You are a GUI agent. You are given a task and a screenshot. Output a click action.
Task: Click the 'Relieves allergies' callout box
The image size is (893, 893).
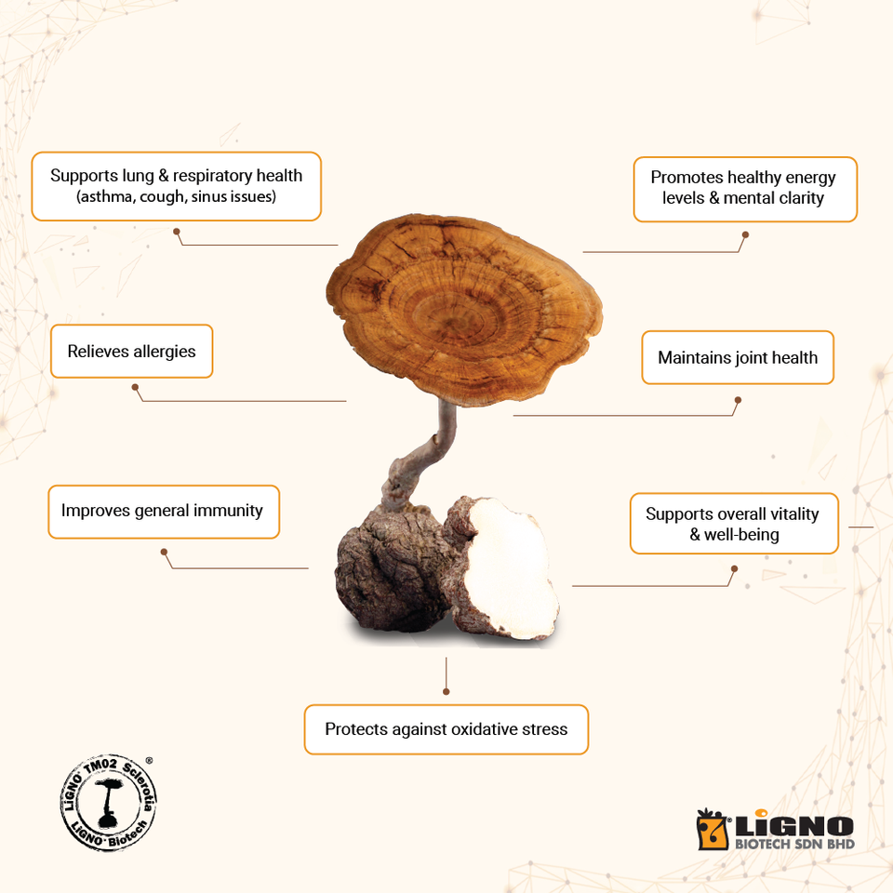pyautogui.click(x=131, y=352)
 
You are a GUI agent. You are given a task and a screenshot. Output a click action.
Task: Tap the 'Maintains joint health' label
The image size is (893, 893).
pyautogui.click(x=738, y=357)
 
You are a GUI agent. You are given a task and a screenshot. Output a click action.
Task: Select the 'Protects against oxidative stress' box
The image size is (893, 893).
pyautogui.click(x=446, y=729)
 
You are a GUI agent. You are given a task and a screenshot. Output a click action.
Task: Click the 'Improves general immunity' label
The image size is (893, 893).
pyautogui.click(x=162, y=511)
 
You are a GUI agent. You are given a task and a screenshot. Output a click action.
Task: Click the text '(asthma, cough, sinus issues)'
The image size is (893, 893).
pyautogui.click(x=176, y=197)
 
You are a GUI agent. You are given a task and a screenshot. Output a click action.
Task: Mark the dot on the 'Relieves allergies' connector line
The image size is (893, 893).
pyautogui.click(x=135, y=387)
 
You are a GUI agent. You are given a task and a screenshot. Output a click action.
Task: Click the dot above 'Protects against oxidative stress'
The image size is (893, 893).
pyautogui.click(x=446, y=691)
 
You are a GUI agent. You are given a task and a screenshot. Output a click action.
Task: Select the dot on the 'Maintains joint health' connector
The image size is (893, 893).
pyautogui.click(x=738, y=401)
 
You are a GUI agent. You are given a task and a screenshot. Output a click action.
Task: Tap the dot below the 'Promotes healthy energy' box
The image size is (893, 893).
pyautogui.click(x=745, y=235)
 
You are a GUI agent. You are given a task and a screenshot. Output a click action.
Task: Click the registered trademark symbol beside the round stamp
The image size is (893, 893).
pyautogui.click(x=150, y=760)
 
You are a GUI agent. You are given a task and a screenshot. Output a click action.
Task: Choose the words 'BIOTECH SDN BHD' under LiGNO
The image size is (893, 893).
pyautogui.click(x=794, y=845)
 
